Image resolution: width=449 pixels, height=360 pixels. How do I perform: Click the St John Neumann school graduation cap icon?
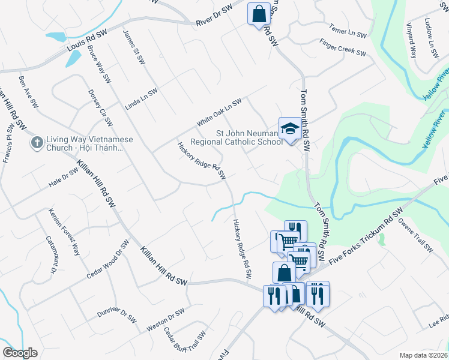[289, 129]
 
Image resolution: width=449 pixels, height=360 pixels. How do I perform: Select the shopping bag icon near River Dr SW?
[259, 13]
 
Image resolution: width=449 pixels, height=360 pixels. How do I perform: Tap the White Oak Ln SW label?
[219, 112]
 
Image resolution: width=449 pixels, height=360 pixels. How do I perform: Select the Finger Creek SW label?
[343, 49]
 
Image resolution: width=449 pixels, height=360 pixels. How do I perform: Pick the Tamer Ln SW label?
[348, 31]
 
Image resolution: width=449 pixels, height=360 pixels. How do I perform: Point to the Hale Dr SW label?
[64, 177]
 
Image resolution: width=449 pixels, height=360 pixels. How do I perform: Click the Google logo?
[20, 353]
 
